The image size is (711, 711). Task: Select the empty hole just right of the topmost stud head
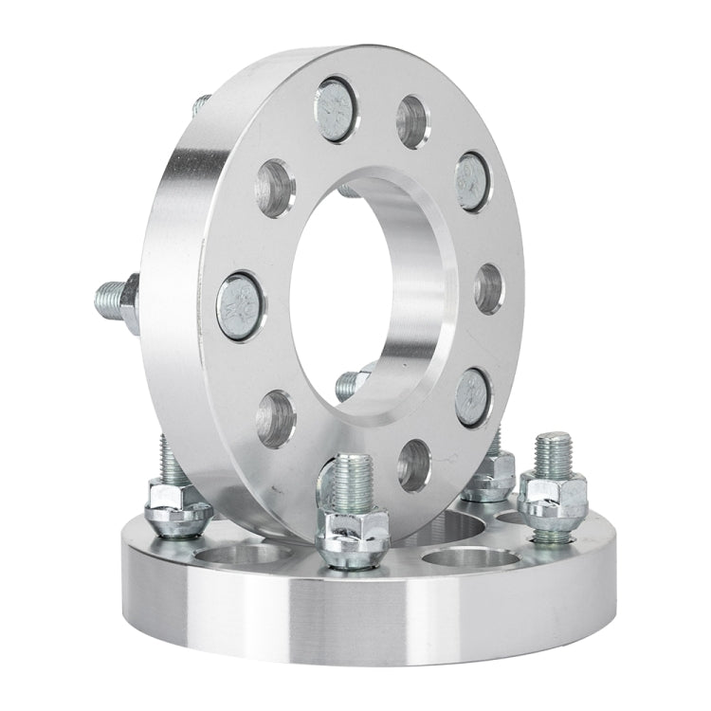(x=411, y=120)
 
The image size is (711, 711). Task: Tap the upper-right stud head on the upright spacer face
(x=471, y=180)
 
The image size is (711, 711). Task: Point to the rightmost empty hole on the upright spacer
(x=488, y=287)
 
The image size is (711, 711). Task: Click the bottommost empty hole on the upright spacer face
(x=413, y=465)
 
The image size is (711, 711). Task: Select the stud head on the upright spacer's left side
(x=240, y=305)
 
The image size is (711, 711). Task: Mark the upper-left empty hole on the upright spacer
(x=275, y=188)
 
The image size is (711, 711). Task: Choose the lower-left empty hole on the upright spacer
(x=276, y=418)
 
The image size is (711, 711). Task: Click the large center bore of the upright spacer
(x=365, y=294)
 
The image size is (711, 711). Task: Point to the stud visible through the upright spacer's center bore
(x=351, y=383)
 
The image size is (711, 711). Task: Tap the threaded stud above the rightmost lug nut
(x=552, y=453)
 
